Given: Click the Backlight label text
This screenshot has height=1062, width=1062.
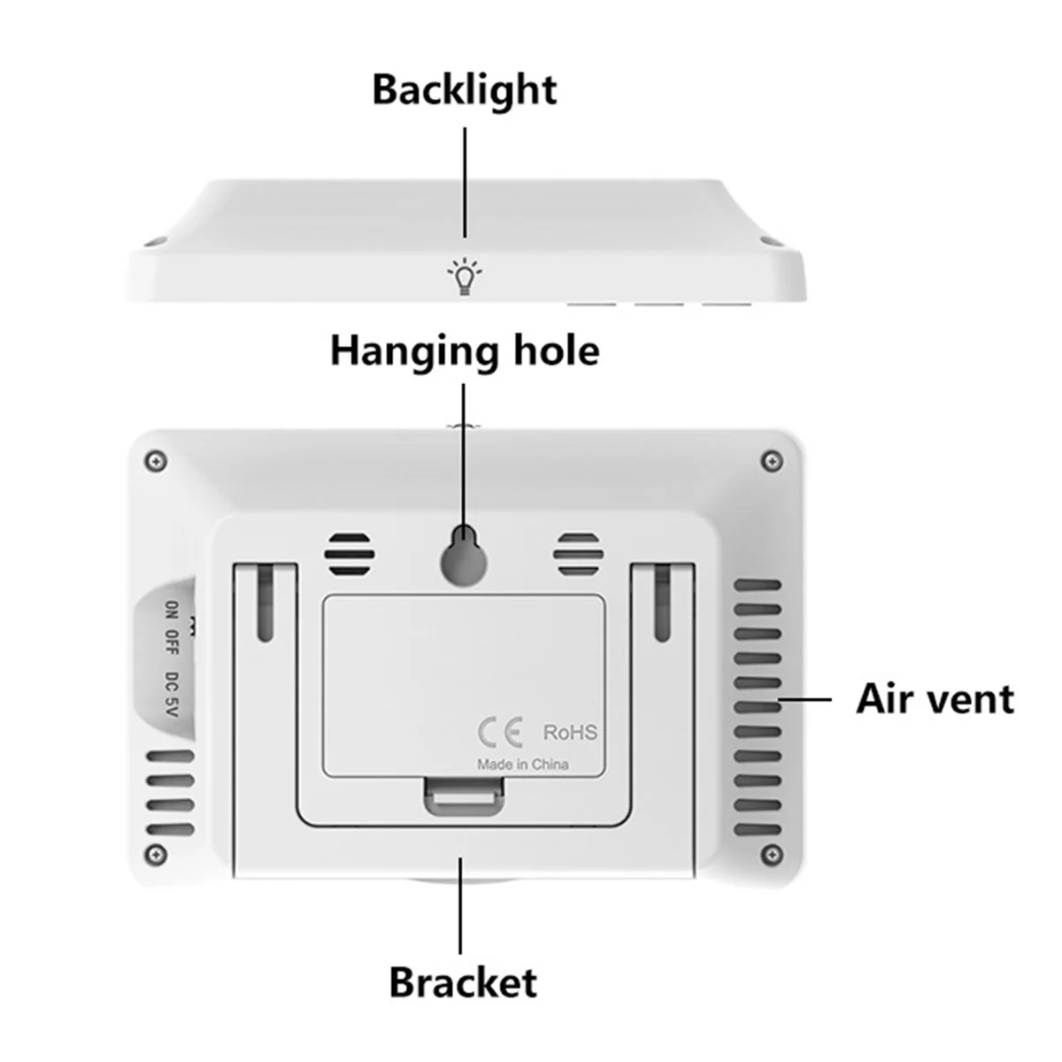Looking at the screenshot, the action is click(x=464, y=89).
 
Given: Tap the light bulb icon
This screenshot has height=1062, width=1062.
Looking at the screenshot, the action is click(x=465, y=276).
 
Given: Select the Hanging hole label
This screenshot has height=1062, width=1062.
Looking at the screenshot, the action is click(x=465, y=350).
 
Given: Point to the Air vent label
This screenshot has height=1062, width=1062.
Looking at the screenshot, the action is click(x=935, y=699).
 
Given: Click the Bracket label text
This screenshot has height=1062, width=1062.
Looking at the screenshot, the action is click(x=463, y=983).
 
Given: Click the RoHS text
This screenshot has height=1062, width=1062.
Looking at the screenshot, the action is click(x=570, y=733).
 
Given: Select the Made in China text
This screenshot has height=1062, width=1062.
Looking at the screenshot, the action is click(x=523, y=764).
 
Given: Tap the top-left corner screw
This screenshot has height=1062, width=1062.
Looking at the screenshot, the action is click(x=159, y=460).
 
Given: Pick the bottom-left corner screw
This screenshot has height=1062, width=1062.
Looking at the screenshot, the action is click(x=157, y=854).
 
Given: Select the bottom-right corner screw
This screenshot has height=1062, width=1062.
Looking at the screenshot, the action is click(x=773, y=854).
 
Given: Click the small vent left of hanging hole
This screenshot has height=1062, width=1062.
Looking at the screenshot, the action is click(x=350, y=556).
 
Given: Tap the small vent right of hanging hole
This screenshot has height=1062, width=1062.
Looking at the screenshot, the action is click(x=578, y=556).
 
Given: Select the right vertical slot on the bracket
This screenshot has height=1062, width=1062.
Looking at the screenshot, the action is click(x=661, y=604).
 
